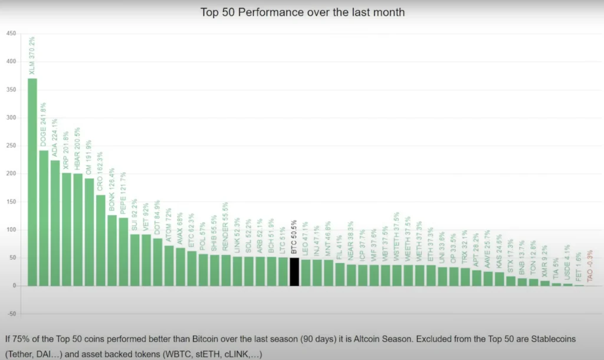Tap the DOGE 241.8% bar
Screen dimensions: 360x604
point(44,218)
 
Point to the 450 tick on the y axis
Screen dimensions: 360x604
point(11,33)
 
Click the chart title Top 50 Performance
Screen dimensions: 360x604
point(302,12)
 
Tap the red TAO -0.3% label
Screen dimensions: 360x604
point(590,266)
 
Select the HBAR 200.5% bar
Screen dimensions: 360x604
point(78,230)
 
